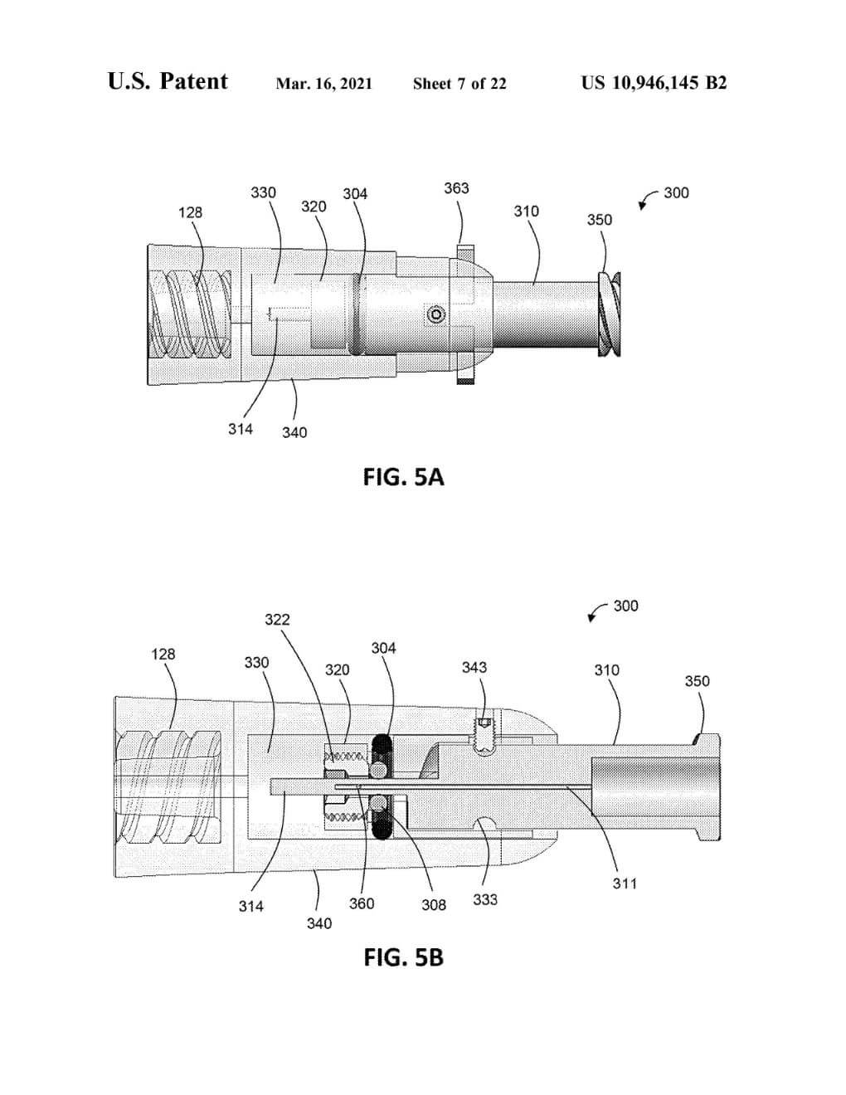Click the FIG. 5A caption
403,477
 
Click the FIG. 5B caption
403,957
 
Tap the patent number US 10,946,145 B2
654,83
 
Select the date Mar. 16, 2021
323,84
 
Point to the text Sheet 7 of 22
459,84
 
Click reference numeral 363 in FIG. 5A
456,188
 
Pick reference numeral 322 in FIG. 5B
277,620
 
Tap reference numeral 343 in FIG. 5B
474,667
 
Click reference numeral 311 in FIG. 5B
625,883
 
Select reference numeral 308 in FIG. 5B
434,905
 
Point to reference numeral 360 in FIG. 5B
362,903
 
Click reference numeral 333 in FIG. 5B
485,899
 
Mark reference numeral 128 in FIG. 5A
190,212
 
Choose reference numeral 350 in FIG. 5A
599,220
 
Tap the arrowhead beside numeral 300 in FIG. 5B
591,618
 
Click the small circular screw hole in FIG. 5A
436,314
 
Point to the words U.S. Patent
168,81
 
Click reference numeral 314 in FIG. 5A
241,429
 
